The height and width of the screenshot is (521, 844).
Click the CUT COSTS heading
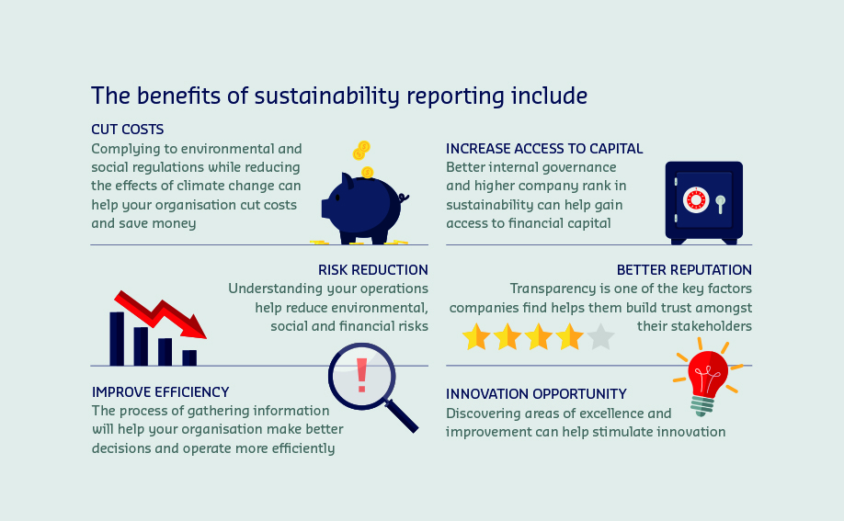128,130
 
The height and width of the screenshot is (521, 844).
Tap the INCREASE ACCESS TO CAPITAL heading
544,149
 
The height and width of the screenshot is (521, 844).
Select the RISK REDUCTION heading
373,269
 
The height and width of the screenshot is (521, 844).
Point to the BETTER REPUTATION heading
684,269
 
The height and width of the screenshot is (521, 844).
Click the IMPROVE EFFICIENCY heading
160,391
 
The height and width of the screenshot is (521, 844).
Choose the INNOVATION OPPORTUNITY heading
536,394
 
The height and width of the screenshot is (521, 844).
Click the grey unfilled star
600,337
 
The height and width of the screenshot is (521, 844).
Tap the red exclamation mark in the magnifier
361,375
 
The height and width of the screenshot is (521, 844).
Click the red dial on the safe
695,200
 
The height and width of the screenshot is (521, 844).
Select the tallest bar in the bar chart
117,339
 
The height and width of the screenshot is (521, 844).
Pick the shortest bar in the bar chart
189,358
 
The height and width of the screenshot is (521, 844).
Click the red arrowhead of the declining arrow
193,327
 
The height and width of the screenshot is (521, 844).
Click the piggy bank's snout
325,209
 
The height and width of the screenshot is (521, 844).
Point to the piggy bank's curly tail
404,198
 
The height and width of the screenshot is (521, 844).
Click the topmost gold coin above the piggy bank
364,146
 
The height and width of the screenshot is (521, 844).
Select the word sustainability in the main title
326,96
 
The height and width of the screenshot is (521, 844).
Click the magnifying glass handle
401,415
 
